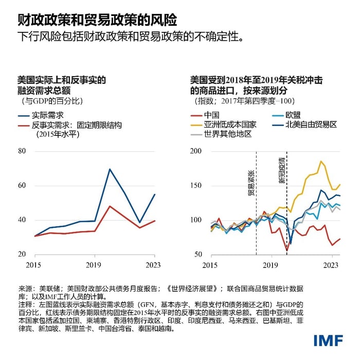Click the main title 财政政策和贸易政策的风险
[97, 20]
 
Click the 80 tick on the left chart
[21, 151]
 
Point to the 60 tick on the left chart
[21, 186]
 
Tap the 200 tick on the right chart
[196, 151]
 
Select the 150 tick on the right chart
[196, 186]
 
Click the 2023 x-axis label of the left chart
[154, 265]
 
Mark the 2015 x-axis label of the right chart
[210, 265]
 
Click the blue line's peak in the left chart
[109, 169]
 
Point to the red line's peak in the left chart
[109, 206]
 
